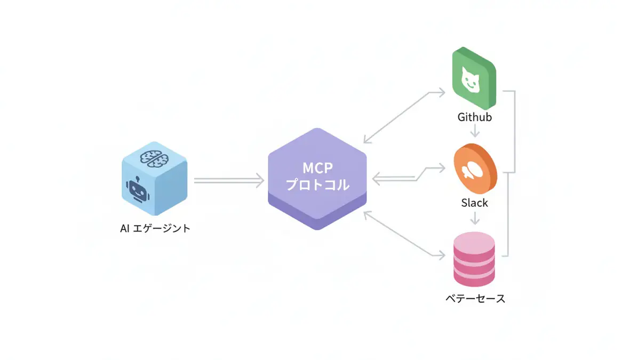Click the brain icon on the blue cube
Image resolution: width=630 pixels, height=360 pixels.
(x=154, y=156)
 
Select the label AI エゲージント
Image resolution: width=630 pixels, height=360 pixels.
(x=155, y=229)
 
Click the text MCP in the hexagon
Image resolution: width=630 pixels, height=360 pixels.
(x=318, y=169)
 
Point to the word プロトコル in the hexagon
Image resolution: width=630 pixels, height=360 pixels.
(x=318, y=185)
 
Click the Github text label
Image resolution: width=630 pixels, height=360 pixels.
(x=474, y=117)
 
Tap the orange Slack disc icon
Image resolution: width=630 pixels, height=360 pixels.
(x=473, y=170)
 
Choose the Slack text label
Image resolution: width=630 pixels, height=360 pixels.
(x=474, y=203)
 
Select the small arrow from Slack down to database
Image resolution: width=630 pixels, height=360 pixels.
(x=474, y=218)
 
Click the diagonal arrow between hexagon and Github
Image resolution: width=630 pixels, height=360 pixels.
(x=404, y=117)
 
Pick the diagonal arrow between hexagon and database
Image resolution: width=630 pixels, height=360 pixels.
(x=404, y=235)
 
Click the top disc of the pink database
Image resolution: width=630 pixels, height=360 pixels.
(x=474, y=243)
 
